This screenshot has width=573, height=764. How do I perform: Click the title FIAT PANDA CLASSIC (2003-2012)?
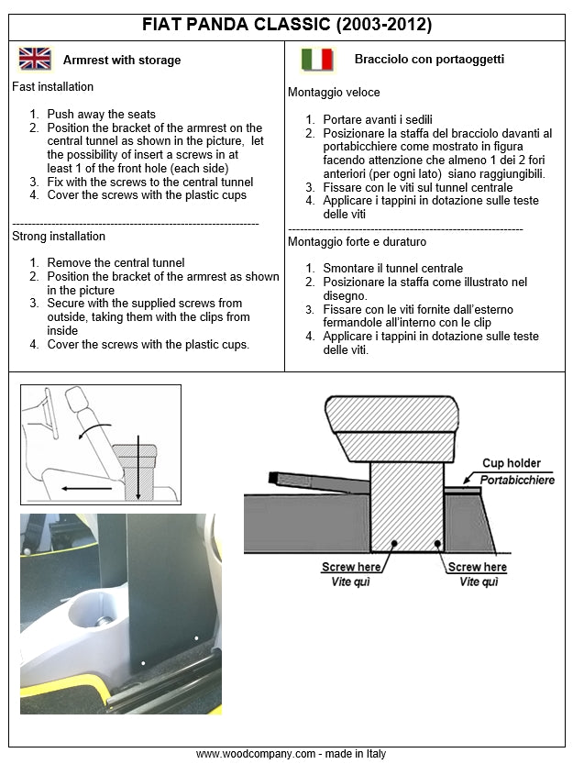pos(287,24)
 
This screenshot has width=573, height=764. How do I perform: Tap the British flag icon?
pos(35,60)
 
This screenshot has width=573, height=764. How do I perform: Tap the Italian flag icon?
pos(317,60)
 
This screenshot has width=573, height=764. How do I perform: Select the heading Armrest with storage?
pos(122,61)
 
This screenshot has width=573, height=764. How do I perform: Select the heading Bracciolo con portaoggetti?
pos(429,60)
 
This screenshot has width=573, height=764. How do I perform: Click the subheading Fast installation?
pos(53,87)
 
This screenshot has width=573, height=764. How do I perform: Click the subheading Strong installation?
pos(59,236)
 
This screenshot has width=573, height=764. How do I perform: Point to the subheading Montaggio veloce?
pos(334,93)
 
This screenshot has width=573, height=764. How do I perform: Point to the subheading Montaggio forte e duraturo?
pos(357,241)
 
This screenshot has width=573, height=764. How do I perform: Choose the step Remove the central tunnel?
pos(116,263)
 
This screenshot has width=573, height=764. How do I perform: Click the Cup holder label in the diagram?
pos(512,463)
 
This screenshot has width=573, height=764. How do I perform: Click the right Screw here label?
pos(477,567)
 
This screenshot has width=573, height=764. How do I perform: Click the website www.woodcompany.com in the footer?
pos(256,754)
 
